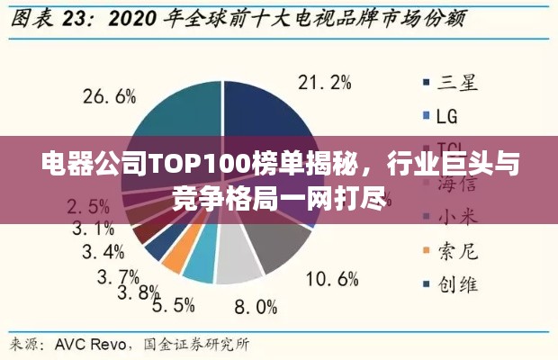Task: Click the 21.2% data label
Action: [x=324, y=83]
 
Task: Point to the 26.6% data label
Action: [x=109, y=95]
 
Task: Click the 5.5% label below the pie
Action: [x=173, y=306]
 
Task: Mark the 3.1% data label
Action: [x=93, y=228]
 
